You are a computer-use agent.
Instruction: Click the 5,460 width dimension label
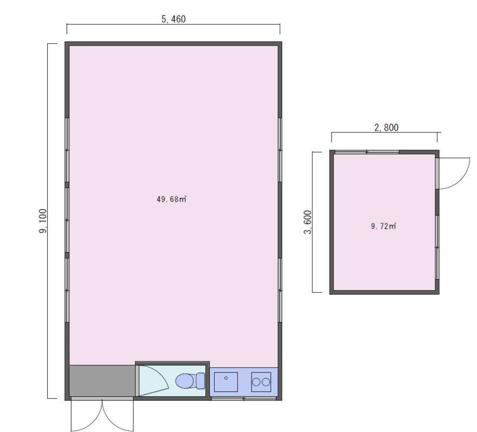click(173, 19)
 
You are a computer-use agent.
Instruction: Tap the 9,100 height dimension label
click(43, 221)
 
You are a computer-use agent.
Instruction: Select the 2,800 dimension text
click(386, 127)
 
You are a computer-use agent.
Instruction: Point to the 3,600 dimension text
click(308, 222)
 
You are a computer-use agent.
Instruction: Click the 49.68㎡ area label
click(171, 199)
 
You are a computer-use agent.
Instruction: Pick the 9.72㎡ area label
click(384, 226)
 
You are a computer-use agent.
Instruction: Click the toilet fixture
click(190, 381)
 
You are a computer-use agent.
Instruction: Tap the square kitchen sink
click(226, 382)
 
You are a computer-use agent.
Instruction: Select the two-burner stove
click(261, 382)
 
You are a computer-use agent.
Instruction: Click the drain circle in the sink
click(226, 378)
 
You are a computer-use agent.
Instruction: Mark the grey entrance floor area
click(102, 381)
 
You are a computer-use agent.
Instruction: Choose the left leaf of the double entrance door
click(86, 415)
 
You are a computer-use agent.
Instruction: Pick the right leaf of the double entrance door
click(118, 415)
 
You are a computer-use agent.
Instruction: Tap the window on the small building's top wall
click(367, 152)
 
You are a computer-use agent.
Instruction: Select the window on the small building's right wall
click(437, 247)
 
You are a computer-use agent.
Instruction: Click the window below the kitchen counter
click(244, 398)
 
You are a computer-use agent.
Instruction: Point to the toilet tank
click(201, 381)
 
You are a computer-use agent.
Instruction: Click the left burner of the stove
click(256, 382)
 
